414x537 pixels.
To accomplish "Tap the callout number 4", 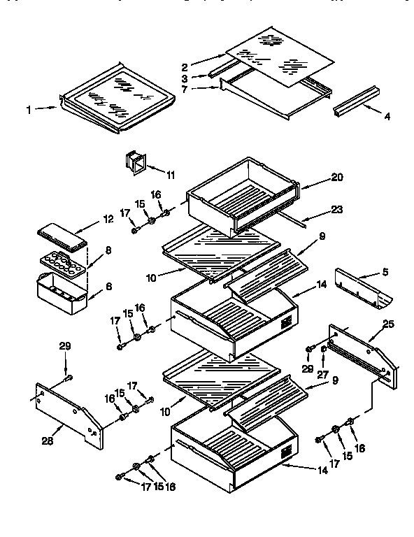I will tap(387, 117).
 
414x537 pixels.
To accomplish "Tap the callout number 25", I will tap(387, 323).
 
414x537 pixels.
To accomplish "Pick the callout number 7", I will tap(184, 89).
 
